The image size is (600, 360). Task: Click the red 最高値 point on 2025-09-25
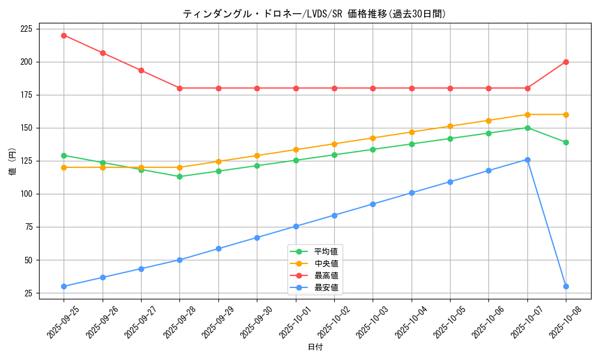point(64,35)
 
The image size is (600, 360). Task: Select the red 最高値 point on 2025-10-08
point(566,62)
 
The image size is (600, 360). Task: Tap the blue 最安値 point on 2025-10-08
point(566,286)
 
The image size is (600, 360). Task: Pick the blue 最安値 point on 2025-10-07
point(527,160)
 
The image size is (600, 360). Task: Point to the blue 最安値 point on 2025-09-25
point(64,286)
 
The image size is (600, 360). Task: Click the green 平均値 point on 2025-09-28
point(180,176)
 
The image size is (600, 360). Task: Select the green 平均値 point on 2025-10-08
point(566,142)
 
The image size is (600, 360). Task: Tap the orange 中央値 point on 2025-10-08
point(566,115)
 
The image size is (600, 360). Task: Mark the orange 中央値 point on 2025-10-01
point(296,149)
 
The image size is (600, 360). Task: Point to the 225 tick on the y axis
point(28,29)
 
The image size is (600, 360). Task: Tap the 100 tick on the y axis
point(28,194)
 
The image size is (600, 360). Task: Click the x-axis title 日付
point(314,347)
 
